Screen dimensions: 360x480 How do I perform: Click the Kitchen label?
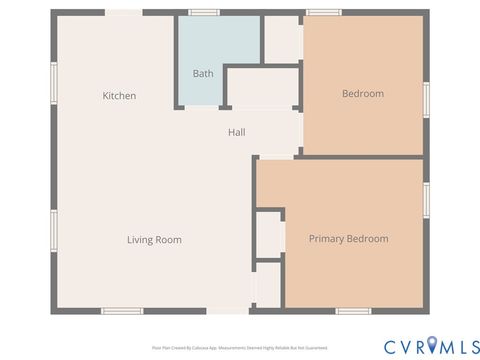point(119,96)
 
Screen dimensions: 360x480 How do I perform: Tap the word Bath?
point(203,74)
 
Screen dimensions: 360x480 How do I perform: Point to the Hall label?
point(237,132)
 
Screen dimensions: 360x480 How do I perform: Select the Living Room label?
point(154,240)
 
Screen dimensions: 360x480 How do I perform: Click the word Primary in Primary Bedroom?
point(327,239)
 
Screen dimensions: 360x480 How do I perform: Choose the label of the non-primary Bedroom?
point(363,94)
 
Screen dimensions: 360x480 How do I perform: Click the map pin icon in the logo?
point(432,346)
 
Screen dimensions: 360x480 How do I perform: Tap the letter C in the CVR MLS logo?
point(390,346)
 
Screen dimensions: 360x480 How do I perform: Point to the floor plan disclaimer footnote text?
point(240,348)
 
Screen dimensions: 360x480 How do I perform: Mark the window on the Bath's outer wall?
point(204,12)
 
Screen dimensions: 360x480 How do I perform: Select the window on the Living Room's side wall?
point(54,232)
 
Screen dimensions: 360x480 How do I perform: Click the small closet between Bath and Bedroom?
point(282,39)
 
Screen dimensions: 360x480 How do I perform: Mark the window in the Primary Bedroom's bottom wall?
point(353,311)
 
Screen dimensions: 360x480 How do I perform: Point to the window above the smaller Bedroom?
point(324,12)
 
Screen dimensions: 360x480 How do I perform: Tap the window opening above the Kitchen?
point(123,12)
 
